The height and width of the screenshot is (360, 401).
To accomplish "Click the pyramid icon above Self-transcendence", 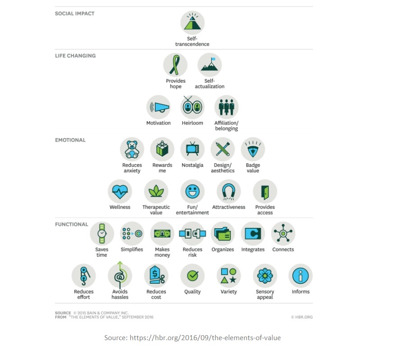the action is (192, 23).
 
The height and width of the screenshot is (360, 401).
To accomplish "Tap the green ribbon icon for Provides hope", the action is (175, 65).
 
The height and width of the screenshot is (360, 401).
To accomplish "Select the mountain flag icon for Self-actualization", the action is (210, 65).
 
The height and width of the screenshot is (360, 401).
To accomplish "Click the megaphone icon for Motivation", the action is (159, 107).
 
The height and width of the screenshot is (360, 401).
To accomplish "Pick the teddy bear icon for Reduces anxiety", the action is (132, 149).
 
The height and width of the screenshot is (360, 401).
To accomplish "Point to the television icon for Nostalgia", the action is (192, 149).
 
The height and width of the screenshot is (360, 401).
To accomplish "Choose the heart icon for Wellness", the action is (120, 191).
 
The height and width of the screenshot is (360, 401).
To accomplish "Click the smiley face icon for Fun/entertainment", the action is (192, 191).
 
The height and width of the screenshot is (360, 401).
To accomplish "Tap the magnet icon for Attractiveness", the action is (228, 191).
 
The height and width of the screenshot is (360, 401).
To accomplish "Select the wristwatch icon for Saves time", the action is (102, 234).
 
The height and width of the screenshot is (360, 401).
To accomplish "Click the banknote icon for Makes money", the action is (162, 234).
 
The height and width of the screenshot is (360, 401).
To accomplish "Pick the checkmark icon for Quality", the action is (192, 276).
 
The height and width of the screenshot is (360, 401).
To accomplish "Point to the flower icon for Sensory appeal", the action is (265, 276).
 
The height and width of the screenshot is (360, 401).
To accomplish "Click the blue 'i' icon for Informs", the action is (300, 276).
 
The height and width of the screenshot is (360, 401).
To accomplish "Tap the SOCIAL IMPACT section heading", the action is (75, 14).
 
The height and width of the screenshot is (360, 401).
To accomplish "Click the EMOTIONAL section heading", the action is (70, 140).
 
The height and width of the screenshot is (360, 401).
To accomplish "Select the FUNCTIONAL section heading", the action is (72, 224).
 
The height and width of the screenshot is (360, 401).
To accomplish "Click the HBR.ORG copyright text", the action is (302, 317).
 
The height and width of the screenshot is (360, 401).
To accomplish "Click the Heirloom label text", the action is (192, 123).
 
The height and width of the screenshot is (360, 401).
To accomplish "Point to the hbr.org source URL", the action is (205, 338).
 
